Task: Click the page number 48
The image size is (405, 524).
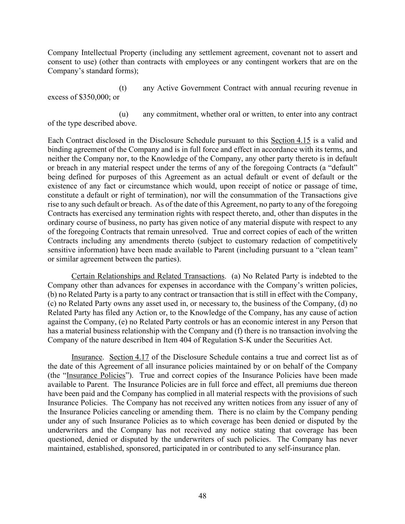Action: point(202,496)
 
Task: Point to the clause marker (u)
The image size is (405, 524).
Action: point(123,114)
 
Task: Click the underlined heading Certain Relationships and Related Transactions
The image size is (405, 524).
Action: point(148,276)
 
